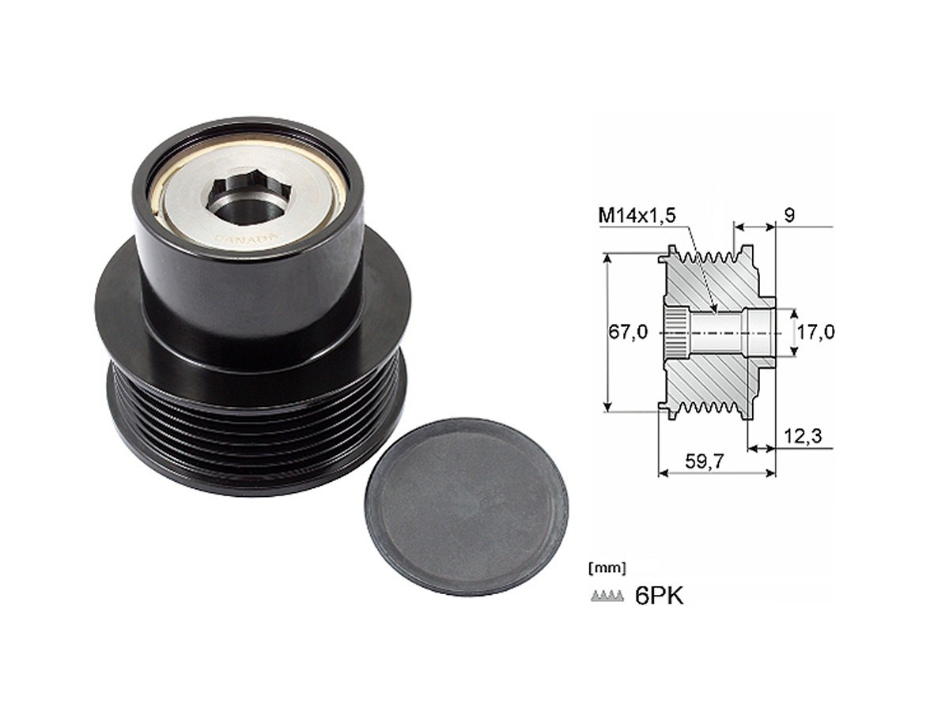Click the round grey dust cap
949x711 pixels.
pyautogui.click(x=467, y=506)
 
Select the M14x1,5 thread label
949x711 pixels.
pyautogui.click(x=637, y=216)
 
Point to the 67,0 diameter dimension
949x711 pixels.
pyautogui.click(x=628, y=332)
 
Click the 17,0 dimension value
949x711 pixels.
pyautogui.click(x=815, y=332)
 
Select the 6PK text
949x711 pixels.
pyautogui.click(x=659, y=596)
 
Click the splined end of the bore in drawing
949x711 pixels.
pyautogui.click(x=674, y=333)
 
